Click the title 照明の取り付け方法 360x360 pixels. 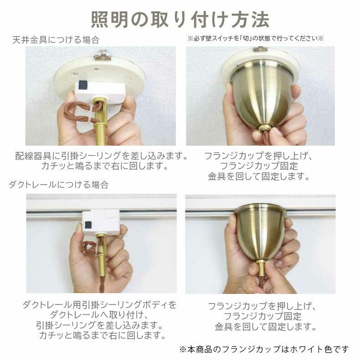pos(180,19)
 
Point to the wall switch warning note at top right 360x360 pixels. pos(255,39)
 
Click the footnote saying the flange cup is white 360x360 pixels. pos(264,349)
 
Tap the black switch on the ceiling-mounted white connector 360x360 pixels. pos(83,85)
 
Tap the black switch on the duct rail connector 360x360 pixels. pos(87,225)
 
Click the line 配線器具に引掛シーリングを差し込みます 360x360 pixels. pos(101,156)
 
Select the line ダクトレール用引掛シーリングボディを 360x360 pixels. pos(99,304)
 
